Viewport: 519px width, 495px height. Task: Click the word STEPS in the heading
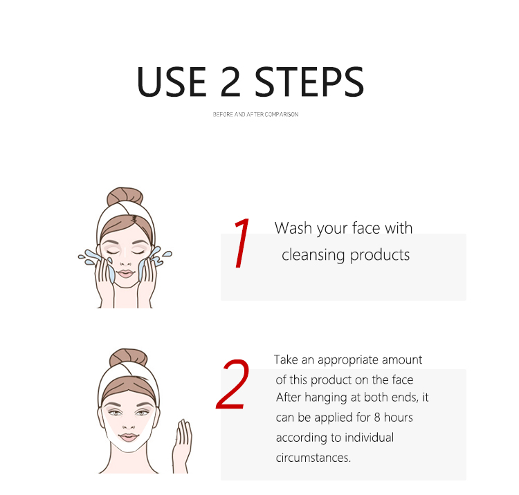pyautogui.click(x=309, y=82)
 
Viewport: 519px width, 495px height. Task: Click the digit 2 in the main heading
pyautogui.click(x=230, y=82)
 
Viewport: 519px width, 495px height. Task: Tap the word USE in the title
pyautogui.click(x=172, y=82)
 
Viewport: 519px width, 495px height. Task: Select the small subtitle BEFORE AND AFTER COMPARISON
pyautogui.click(x=255, y=114)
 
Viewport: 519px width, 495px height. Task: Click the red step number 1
pyautogui.click(x=242, y=243)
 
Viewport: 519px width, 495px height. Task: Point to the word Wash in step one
pyautogui.click(x=293, y=228)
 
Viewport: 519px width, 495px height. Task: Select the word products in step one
pyautogui.click(x=380, y=256)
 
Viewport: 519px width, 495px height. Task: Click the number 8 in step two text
pyautogui.click(x=377, y=418)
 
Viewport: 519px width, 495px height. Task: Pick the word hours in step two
pyautogui.click(x=398, y=418)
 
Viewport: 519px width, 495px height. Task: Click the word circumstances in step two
pyautogui.click(x=313, y=458)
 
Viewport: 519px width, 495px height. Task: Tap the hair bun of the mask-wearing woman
pyautogui.click(x=129, y=357)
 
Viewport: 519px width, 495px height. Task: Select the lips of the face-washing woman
pyautogui.click(x=126, y=274)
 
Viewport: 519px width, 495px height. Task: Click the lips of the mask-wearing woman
pyautogui.click(x=129, y=437)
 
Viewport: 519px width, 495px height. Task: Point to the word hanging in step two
pyautogui.click(x=326, y=398)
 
